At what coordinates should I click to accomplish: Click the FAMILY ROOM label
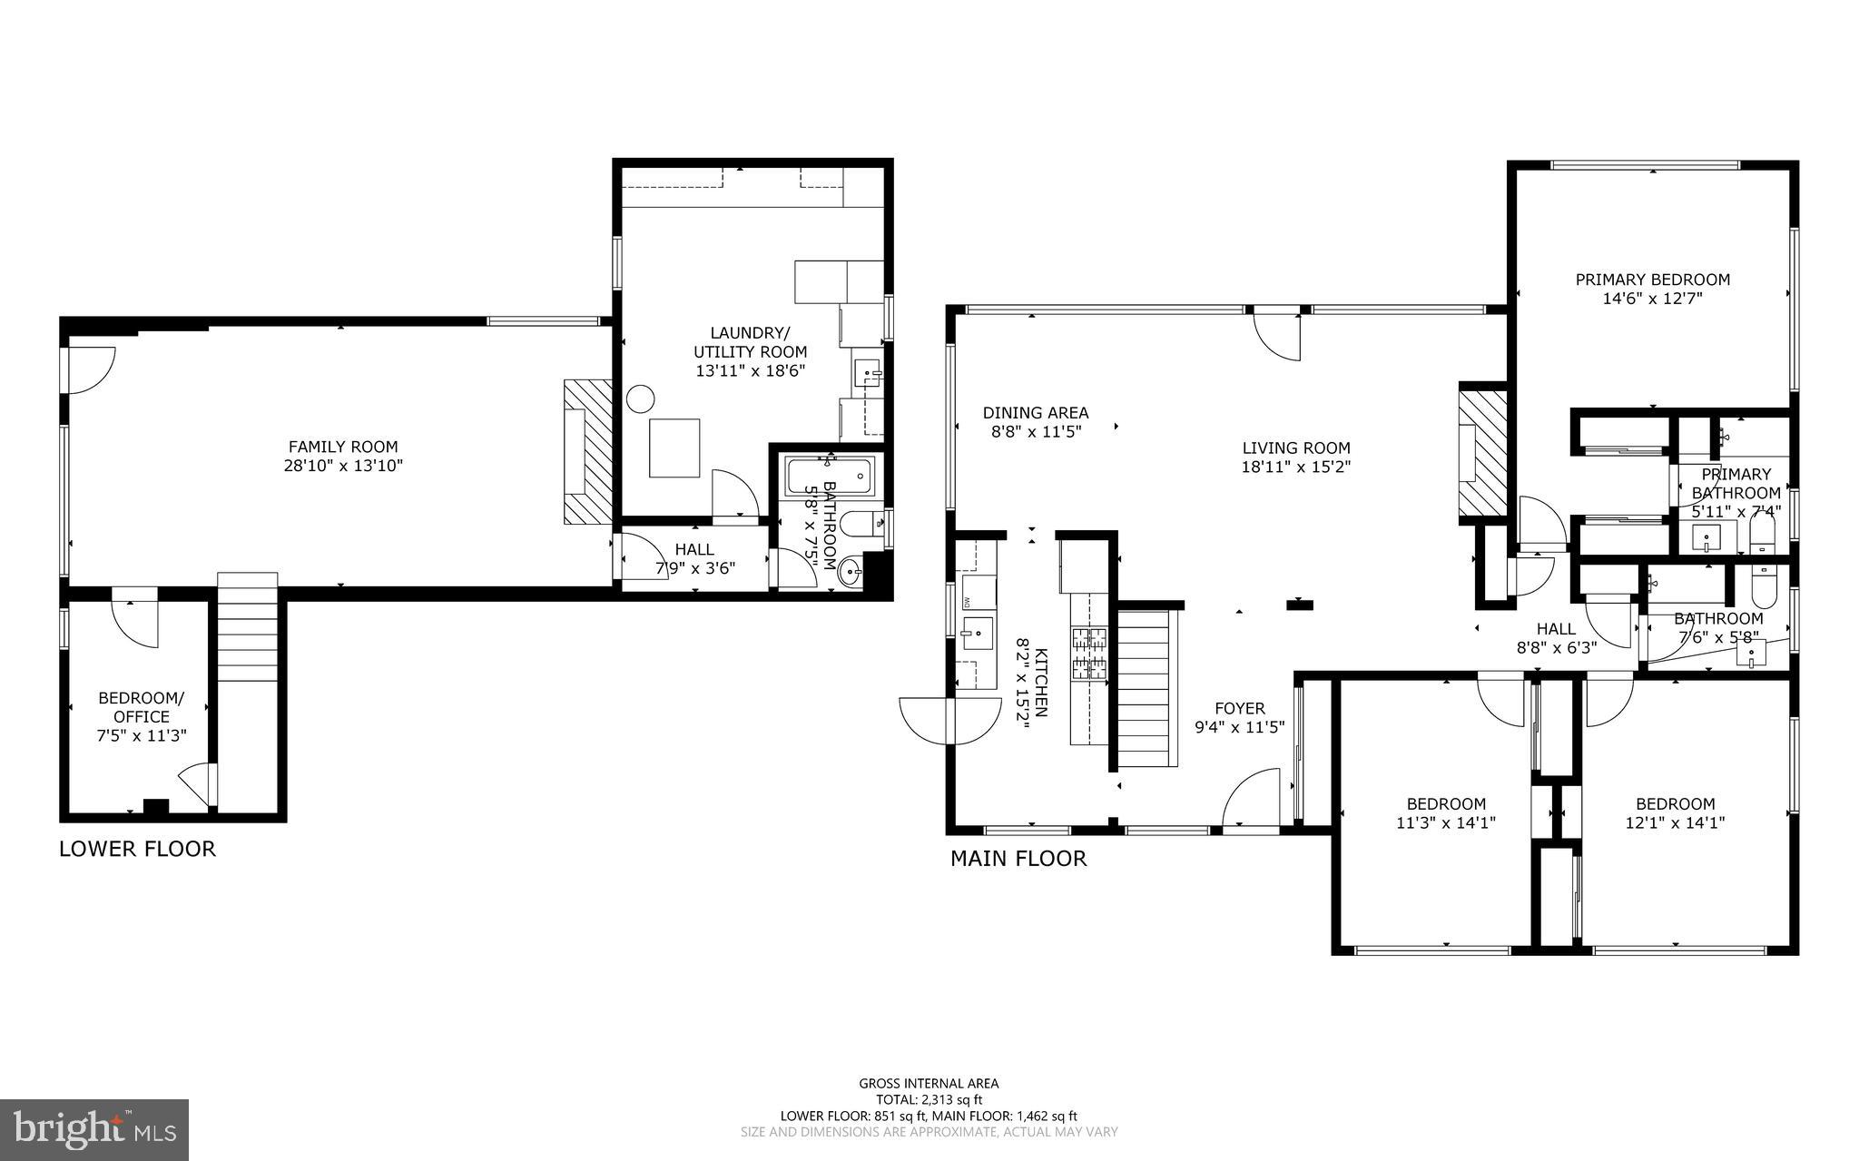(342, 447)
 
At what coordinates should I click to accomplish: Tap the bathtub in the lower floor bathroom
(829, 476)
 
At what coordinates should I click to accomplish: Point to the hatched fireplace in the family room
(587, 452)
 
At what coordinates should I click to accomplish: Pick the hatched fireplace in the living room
(1480, 452)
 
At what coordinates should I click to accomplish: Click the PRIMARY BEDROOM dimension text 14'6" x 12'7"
(1651, 299)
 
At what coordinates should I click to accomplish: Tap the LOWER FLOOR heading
(137, 850)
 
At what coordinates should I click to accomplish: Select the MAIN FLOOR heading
(1018, 859)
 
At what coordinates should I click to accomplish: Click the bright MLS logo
(94, 1129)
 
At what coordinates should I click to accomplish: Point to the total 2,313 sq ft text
(929, 1099)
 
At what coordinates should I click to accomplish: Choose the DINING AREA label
(1035, 413)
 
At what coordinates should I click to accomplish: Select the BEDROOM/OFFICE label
(141, 707)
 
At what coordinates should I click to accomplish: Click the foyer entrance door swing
(1251, 799)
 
